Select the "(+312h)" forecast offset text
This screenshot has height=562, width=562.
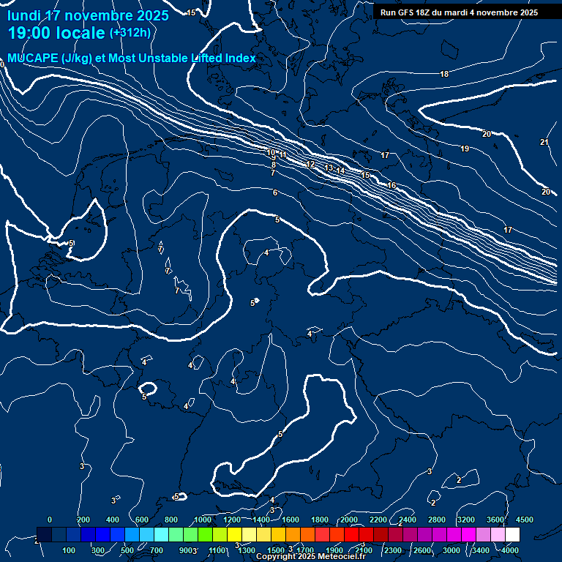click(130, 33)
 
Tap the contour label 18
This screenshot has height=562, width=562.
click(444, 75)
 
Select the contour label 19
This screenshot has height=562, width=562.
click(465, 149)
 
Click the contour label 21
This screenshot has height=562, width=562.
click(544, 142)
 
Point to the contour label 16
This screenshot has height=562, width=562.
click(391, 186)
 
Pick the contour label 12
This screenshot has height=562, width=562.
click(311, 165)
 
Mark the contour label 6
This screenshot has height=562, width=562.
click(275, 192)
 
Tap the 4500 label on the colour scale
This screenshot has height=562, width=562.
click(525, 520)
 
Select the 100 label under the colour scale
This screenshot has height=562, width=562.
click(69, 550)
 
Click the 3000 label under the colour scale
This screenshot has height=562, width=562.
click(452, 550)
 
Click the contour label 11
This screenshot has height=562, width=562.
click(283, 156)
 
